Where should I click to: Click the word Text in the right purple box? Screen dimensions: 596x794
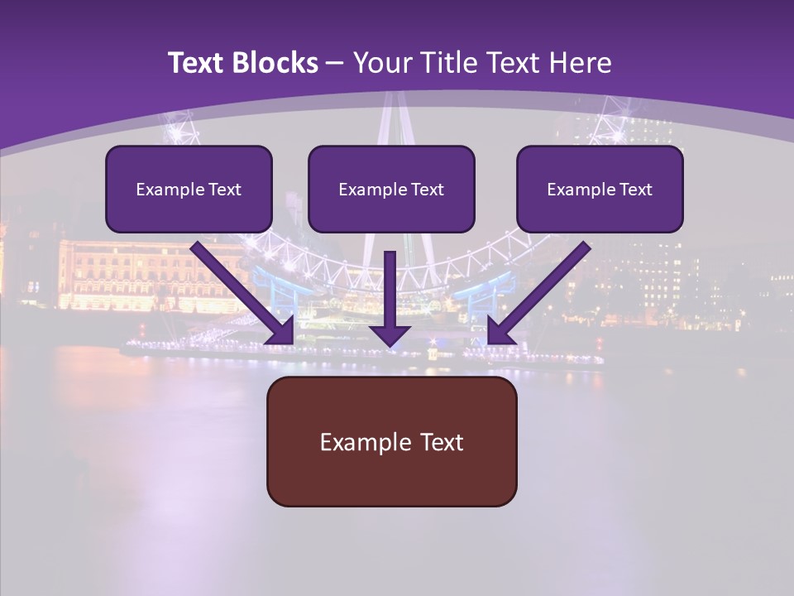click(x=634, y=190)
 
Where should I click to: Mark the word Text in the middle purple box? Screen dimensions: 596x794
click(x=427, y=190)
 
